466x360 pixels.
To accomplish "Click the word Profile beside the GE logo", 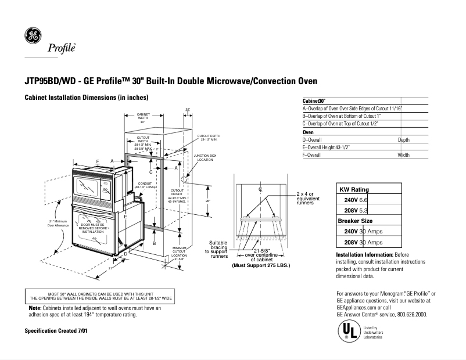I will [62, 49].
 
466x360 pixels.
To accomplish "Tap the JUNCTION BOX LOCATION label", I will [205, 157].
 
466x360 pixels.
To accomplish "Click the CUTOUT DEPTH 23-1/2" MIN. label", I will [209, 138].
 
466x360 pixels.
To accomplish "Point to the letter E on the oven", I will [126, 216].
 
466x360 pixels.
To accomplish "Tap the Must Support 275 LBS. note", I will [261, 265].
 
